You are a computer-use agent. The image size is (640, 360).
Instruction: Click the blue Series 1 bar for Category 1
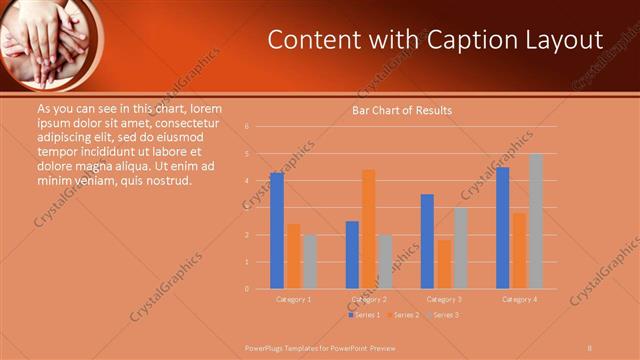277,231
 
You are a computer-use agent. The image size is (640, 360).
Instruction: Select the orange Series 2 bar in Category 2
368,229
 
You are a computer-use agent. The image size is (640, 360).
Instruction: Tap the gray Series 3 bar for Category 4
535,221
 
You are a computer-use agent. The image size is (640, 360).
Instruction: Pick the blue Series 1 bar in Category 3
427,241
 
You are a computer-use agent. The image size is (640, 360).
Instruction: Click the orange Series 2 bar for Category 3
443,264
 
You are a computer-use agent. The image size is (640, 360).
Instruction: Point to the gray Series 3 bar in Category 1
309,261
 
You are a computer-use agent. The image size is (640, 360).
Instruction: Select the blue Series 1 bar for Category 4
502,228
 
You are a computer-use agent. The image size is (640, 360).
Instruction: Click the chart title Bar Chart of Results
402,110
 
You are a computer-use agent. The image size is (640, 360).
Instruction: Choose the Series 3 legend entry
442,315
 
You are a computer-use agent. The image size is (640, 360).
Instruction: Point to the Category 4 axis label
518,299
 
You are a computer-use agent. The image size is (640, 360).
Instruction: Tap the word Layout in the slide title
567,39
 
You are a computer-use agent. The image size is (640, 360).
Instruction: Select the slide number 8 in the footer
590,347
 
